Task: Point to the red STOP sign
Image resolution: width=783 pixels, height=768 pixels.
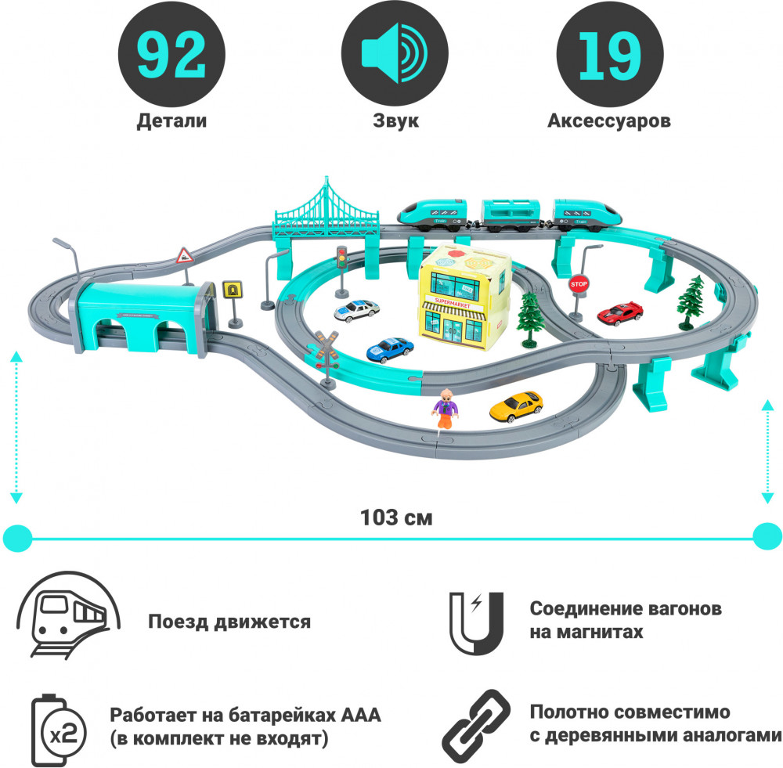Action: [x=579, y=284]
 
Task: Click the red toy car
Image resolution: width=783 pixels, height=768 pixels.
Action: [x=620, y=313]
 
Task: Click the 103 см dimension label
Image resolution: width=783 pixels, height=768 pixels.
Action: [x=396, y=517]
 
